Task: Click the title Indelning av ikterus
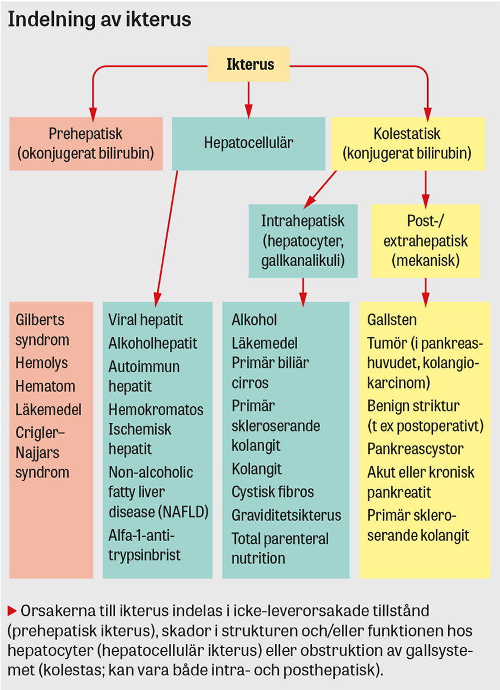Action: click(x=99, y=19)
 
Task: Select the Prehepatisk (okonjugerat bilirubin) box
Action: click(x=86, y=143)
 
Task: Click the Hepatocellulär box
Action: click(x=248, y=143)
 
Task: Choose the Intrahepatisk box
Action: click(x=302, y=240)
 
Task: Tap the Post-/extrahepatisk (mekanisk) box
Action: click(x=425, y=240)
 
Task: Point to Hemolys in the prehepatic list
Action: click(x=42, y=363)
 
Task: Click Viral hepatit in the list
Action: click(x=145, y=320)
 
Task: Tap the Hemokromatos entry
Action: click(x=156, y=409)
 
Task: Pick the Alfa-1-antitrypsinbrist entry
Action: click(x=145, y=545)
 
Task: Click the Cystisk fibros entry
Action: click(x=272, y=492)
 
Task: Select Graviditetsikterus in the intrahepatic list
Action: click(x=286, y=515)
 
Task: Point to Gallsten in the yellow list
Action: click(x=392, y=320)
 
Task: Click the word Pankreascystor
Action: click(x=415, y=449)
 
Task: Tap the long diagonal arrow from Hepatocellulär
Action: click(x=166, y=235)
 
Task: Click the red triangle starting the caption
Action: click(x=12, y=608)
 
